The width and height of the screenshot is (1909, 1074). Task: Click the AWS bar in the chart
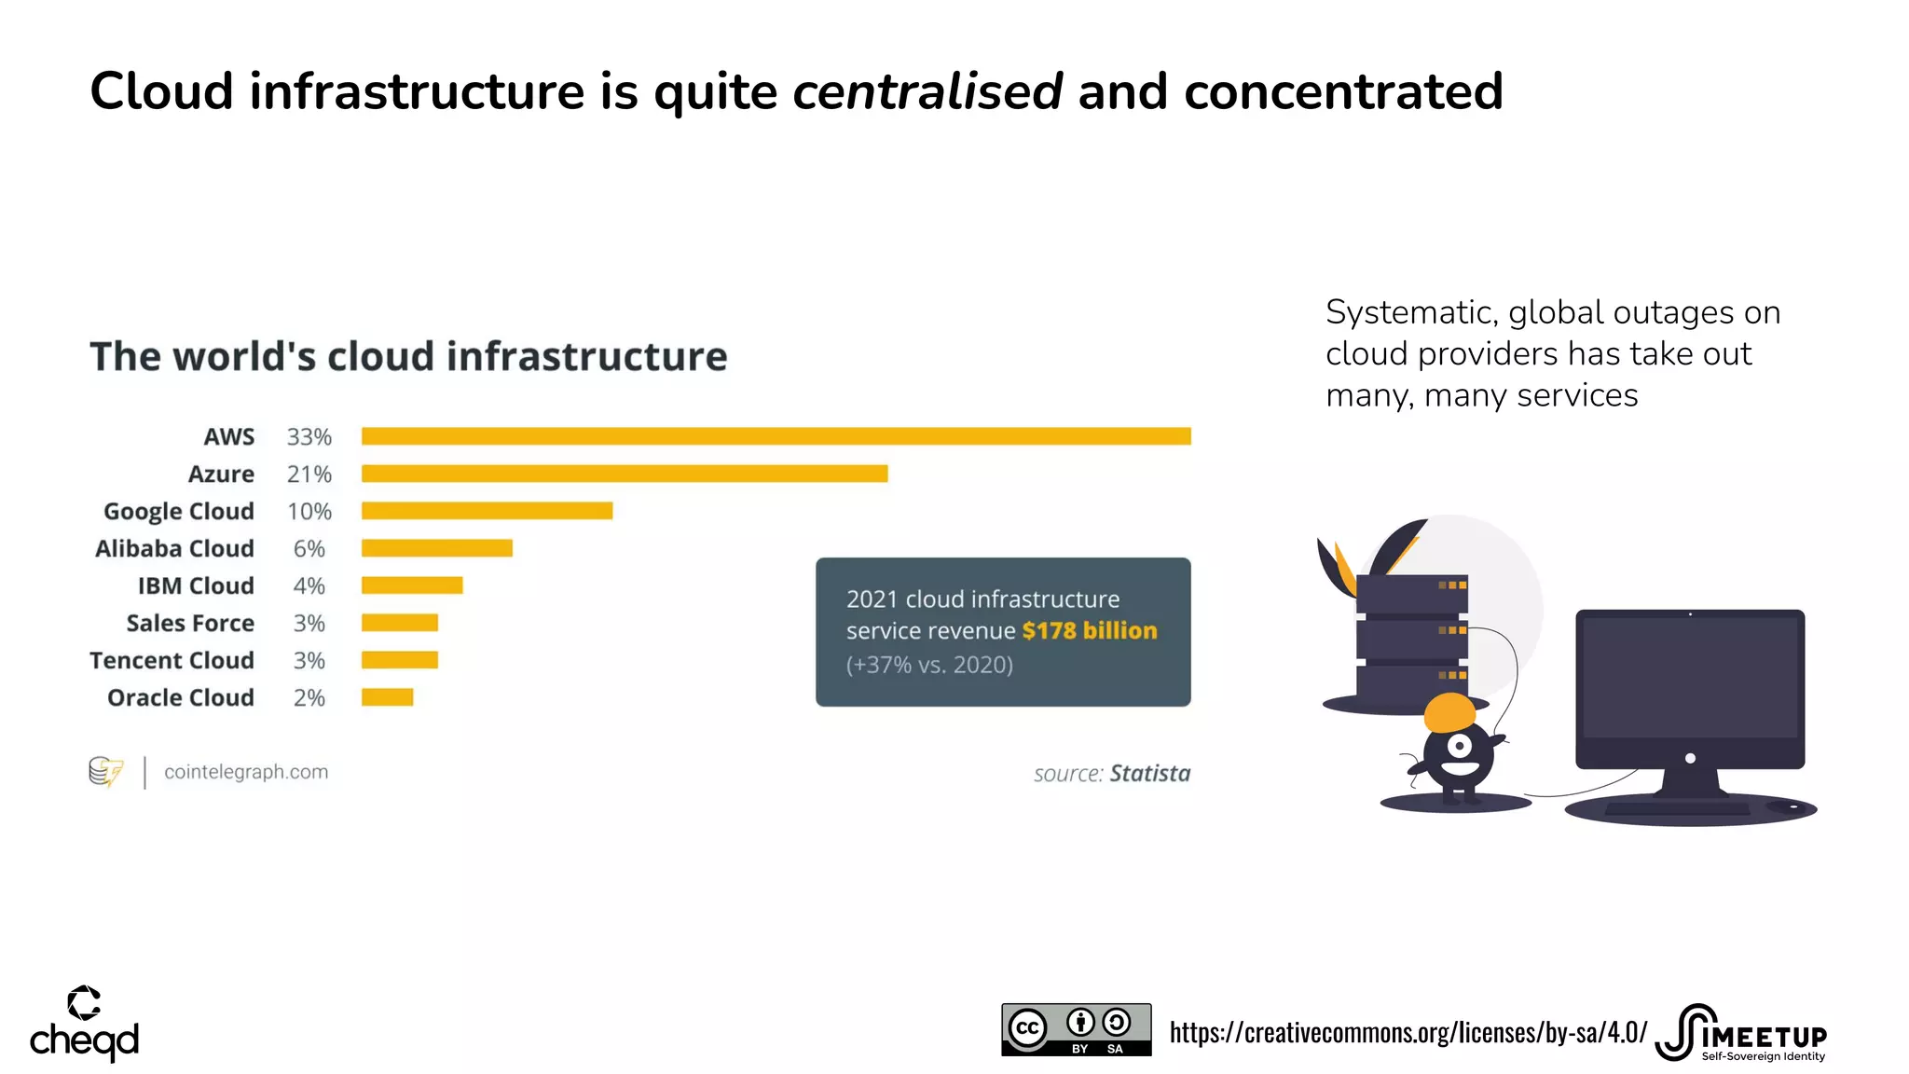(x=776, y=436)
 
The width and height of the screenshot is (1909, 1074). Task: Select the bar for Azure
(x=625, y=474)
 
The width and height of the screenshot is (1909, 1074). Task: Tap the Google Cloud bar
(x=487, y=511)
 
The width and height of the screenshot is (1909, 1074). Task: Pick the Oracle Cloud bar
(x=387, y=697)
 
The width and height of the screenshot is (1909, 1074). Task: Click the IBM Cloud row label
(x=196, y=585)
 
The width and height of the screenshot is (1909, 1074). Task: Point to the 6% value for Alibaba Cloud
(x=309, y=548)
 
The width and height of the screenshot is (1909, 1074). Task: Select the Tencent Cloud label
(x=172, y=660)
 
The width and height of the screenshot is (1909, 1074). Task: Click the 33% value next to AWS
(x=309, y=436)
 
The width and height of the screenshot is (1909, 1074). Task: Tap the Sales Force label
(x=190, y=623)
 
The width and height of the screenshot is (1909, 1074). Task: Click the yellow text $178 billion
(x=1089, y=631)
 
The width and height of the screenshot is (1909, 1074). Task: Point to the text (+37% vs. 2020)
(x=929, y=665)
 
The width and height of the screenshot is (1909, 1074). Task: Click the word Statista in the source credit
(x=1149, y=773)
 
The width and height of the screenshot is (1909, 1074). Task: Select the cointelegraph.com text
(x=246, y=772)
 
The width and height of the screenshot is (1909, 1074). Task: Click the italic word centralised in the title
(x=927, y=91)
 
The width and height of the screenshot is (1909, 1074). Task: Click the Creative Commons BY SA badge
(x=1076, y=1029)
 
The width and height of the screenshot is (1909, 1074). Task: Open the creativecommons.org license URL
(x=1408, y=1033)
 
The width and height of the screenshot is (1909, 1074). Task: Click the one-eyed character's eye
(x=1459, y=746)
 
